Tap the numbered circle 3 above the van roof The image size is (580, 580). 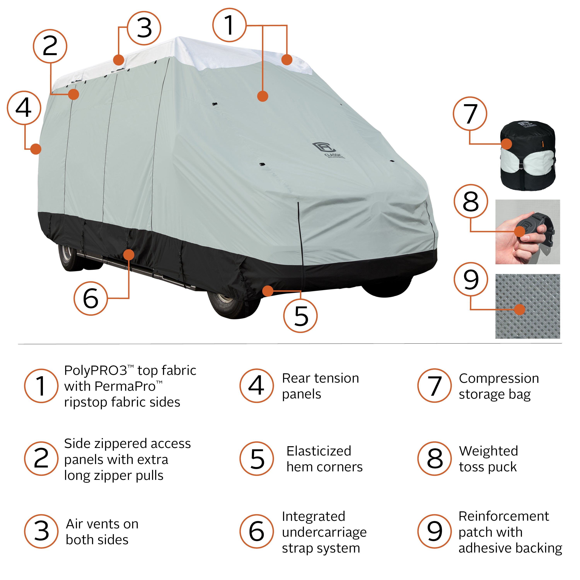click(x=144, y=28)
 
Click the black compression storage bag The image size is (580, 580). click(x=527, y=155)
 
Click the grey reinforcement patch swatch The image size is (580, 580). click(x=527, y=306)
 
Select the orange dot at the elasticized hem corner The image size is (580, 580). click(x=268, y=291)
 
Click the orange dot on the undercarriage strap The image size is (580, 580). click(x=129, y=255)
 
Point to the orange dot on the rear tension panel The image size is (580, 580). click(x=36, y=149)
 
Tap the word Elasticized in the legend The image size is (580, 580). click(x=319, y=451)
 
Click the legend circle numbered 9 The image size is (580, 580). click(x=434, y=531)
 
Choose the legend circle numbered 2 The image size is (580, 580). click(x=41, y=458)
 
